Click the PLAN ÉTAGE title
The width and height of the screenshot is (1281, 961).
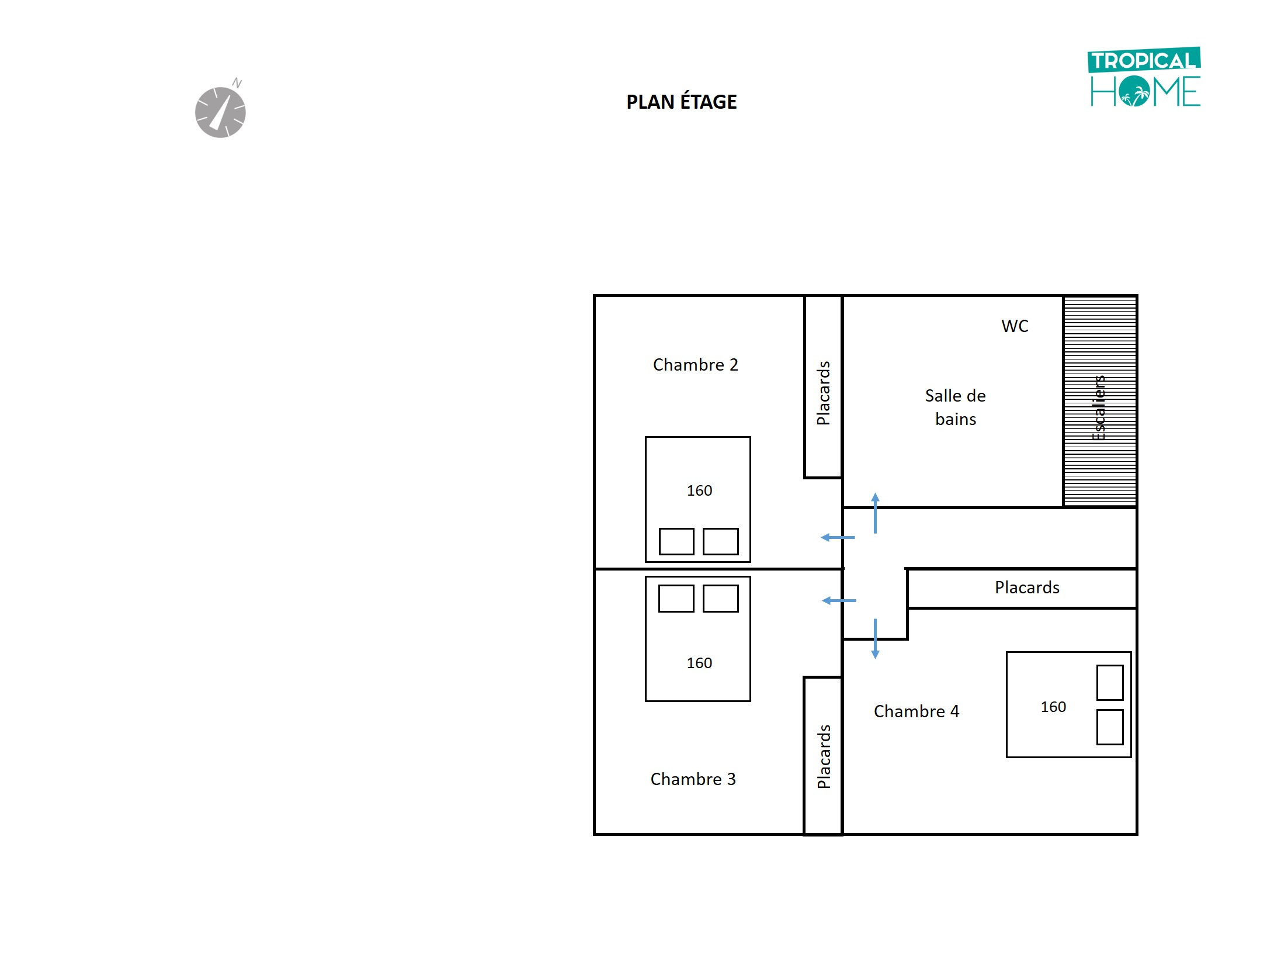(x=681, y=101)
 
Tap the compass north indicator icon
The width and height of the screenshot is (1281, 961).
(x=220, y=110)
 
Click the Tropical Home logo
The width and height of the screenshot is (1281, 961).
(x=1144, y=77)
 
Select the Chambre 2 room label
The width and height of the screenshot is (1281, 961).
(x=695, y=365)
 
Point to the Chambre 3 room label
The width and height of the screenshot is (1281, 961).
(x=693, y=779)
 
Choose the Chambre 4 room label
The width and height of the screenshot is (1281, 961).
(x=916, y=711)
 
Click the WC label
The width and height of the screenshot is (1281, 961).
(x=1015, y=326)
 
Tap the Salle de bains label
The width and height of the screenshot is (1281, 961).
(x=955, y=407)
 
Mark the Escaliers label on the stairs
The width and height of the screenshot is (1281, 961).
(x=1099, y=407)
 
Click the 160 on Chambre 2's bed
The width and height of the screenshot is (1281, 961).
(x=699, y=490)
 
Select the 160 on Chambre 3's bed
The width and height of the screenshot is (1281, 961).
(x=699, y=663)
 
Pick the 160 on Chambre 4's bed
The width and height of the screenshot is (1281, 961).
(x=1053, y=707)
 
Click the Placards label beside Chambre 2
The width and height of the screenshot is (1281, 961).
(x=823, y=393)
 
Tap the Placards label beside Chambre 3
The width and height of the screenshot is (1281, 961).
(x=824, y=756)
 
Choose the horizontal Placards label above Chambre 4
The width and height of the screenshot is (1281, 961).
(x=1027, y=587)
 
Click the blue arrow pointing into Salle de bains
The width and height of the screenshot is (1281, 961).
(x=875, y=513)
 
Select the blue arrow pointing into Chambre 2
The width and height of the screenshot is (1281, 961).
(x=838, y=537)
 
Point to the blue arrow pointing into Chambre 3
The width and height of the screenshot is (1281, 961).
(x=839, y=600)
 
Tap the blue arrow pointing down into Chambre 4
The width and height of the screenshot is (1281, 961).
(x=875, y=639)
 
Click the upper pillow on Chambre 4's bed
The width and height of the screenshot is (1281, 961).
(x=1110, y=682)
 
